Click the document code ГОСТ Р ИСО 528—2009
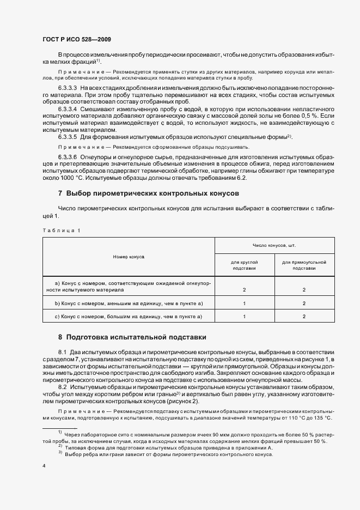click(x=77, y=40)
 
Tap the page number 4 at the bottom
click(x=44, y=466)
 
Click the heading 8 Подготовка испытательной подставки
click(x=132, y=337)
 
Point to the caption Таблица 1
click(x=61, y=230)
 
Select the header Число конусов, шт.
click(x=274, y=246)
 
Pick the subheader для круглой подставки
click(x=245, y=265)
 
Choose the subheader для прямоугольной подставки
click(x=303, y=265)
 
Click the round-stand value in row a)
click(x=245, y=290)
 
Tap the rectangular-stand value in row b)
click(x=303, y=303)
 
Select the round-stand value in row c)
click(x=245, y=316)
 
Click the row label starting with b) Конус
click(x=129, y=303)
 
